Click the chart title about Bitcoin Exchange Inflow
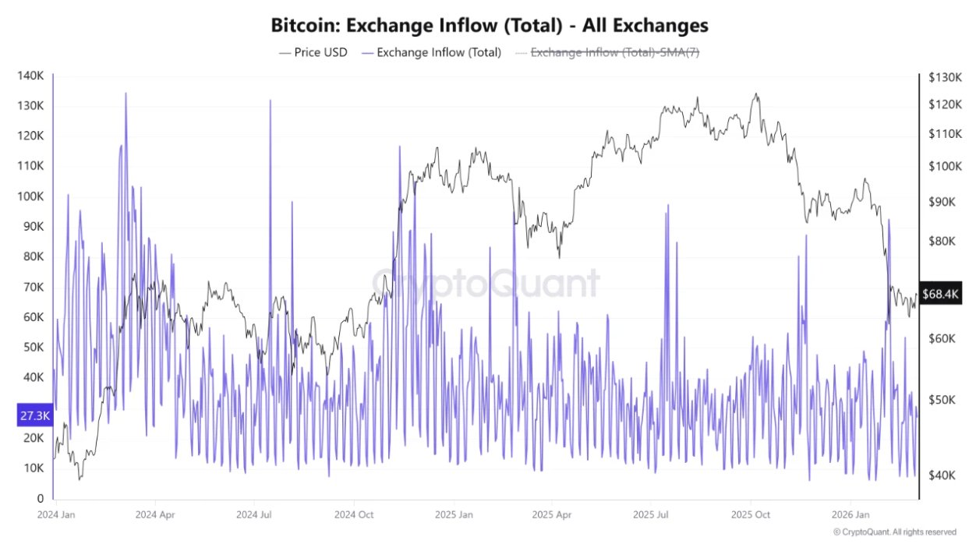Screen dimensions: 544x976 coord(489,25)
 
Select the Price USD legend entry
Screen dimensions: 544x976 coord(313,53)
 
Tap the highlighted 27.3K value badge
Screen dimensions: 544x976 coord(35,416)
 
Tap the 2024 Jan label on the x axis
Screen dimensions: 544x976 coord(56,515)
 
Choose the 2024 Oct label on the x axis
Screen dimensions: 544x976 coord(355,515)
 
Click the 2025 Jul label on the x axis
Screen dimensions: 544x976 coord(652,515)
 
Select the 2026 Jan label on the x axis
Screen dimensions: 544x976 coord(851,515)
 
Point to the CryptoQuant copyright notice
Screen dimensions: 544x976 coord(894,532)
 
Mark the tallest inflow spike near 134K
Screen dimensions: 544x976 coord(126,94)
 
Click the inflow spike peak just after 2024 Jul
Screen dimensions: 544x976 coord(270,101)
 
